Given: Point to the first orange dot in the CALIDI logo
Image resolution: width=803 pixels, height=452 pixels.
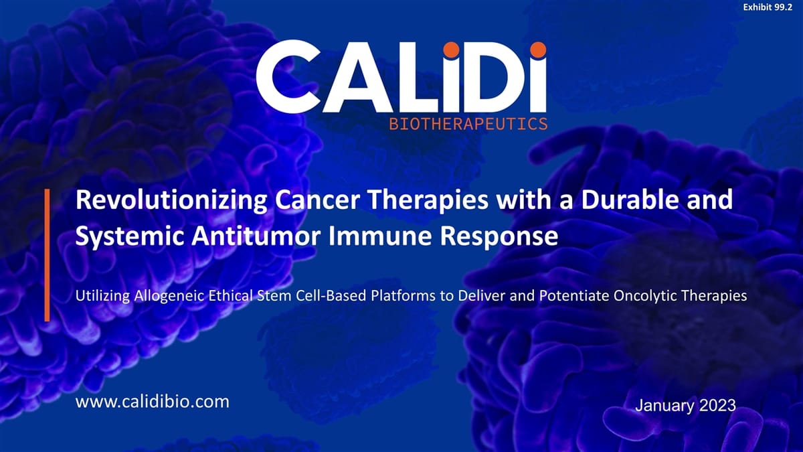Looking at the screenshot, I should coord(452,49).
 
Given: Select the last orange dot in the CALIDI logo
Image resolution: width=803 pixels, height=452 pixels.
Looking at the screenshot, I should coord(537,49).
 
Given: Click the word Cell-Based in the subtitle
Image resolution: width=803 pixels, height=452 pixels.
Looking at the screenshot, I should coord(327,297).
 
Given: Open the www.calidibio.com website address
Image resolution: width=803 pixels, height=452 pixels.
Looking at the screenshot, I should coord(153,402).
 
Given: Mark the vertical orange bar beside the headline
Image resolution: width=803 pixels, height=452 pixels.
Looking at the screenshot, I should coord(48,254).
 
